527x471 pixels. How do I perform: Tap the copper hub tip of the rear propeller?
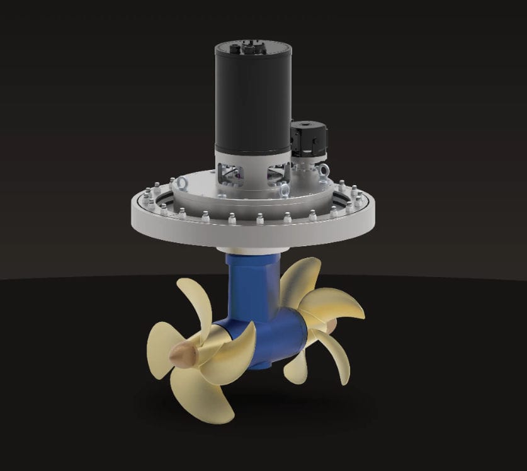329,326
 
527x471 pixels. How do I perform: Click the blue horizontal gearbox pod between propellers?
277,334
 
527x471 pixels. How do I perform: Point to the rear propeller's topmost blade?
301,277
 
